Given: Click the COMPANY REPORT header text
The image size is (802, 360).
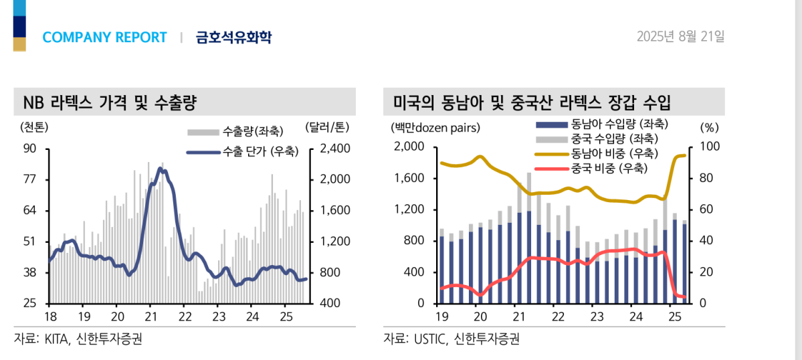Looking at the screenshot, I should [104, 37].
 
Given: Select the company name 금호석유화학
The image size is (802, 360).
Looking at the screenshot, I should [233, 37].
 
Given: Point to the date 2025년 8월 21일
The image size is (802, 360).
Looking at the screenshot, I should [680, 36].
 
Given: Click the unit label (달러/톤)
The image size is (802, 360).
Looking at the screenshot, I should [326, 126].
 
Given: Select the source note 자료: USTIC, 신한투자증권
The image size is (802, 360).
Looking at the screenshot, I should [451, 339].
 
